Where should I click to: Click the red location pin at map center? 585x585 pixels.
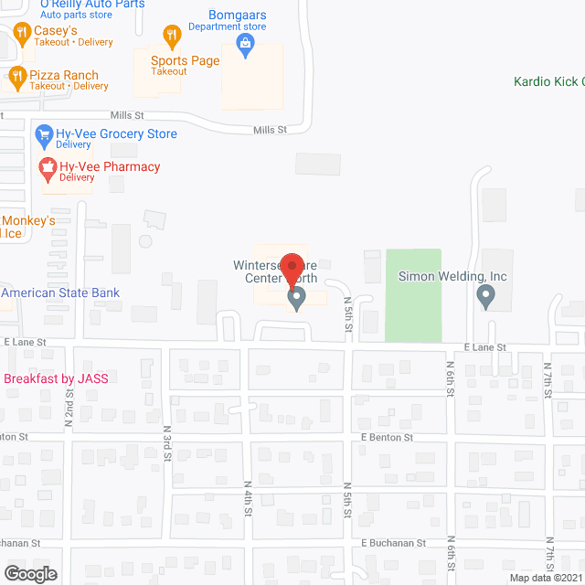pos(292,266)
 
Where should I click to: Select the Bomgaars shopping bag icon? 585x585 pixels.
pos(244,43)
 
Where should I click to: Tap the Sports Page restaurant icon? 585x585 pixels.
pos(171,37)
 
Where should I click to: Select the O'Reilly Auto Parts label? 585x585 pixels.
pos(92,5)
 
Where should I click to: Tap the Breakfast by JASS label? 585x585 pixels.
pos(57,379)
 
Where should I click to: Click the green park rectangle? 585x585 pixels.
pos(412,295)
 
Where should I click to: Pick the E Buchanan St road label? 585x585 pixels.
pos(393,542)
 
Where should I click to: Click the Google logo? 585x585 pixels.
pos(29,574)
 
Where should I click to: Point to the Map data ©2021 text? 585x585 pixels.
pos(545,578)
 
